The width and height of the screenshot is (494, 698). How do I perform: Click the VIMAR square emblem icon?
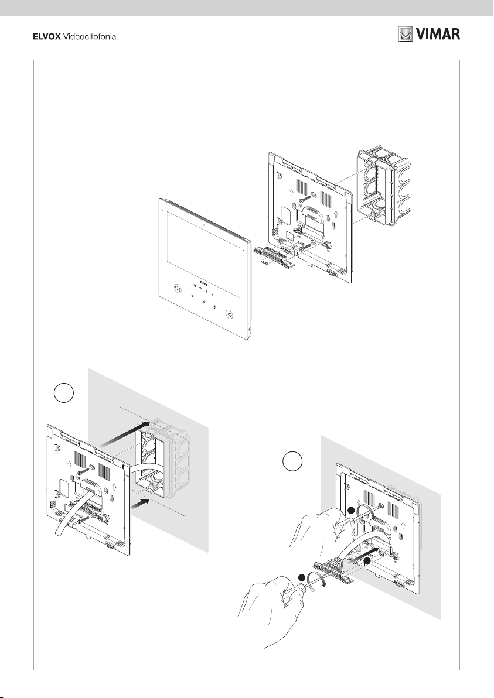pyautogui.click(x=406, y=35)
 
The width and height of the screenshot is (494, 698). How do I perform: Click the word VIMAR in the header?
pyautogui.click(x=439, y=35)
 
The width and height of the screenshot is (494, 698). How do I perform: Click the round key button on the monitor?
pyautogui.click(x=229, y=314)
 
